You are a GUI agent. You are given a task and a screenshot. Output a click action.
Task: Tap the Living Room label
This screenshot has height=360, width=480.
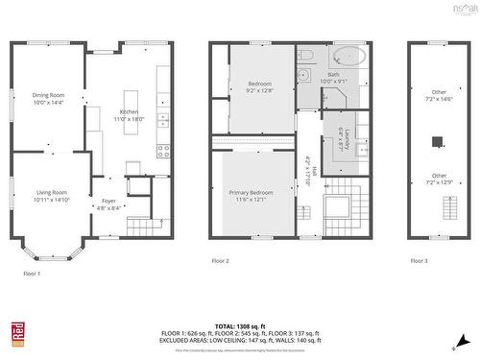coord(50,195)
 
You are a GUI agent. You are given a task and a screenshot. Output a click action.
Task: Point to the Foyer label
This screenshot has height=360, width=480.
coord(109,203)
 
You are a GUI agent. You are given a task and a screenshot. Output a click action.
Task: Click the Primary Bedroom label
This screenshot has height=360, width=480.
coord(251,195)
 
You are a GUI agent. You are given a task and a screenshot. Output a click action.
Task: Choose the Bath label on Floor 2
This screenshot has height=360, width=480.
coord(333,77)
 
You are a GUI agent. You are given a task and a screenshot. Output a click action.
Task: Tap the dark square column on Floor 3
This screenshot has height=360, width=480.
coord(438,142)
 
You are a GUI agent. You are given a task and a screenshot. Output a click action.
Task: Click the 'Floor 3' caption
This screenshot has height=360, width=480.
coord(420,260)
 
